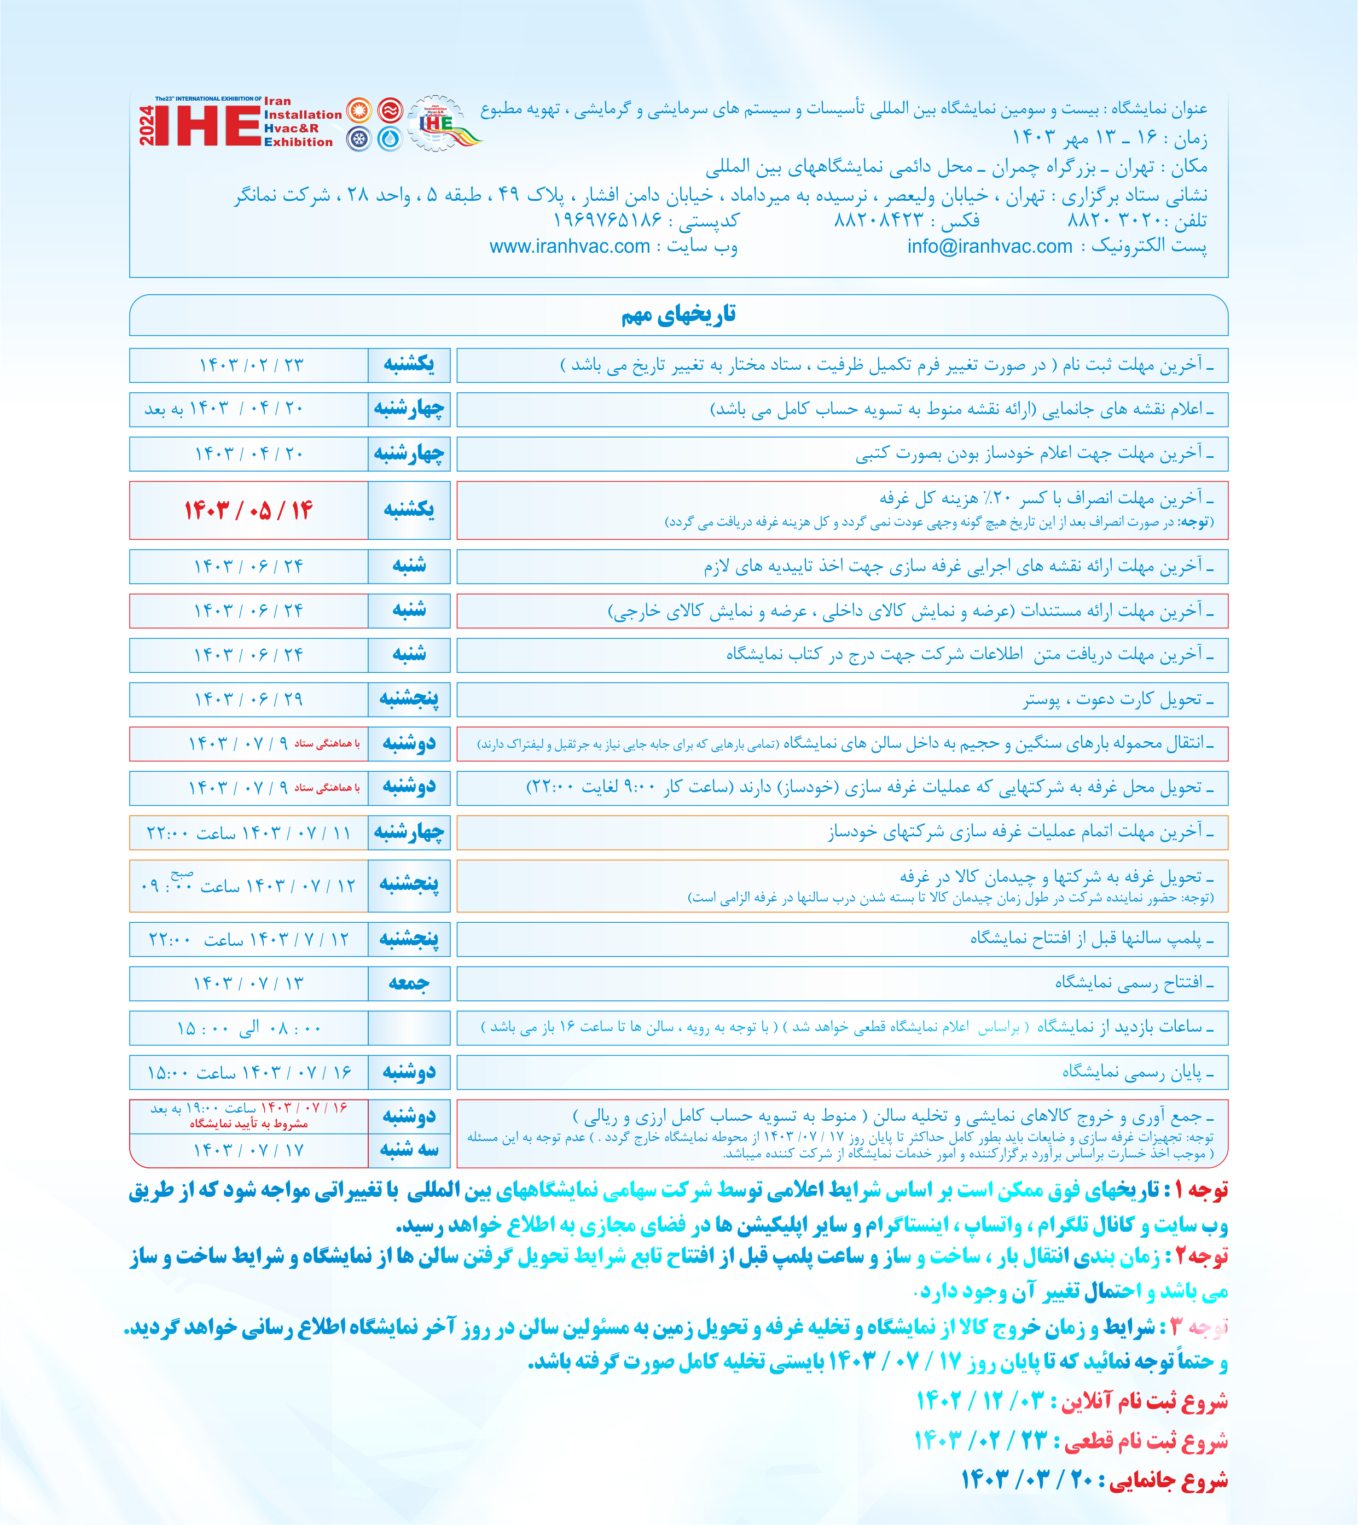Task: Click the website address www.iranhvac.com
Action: (570, 247)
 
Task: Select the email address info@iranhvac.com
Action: (989, 247)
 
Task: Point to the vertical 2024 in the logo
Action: (146, 125)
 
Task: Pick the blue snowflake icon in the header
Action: (359, 139)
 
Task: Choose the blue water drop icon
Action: (390, 139)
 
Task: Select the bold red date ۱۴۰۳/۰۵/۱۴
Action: (248, 510)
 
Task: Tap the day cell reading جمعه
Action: (409, 983)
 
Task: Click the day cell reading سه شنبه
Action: (409, 1150)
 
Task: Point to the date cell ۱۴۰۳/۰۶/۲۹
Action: (248, 699)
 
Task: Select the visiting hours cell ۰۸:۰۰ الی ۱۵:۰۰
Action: (248, 1028)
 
